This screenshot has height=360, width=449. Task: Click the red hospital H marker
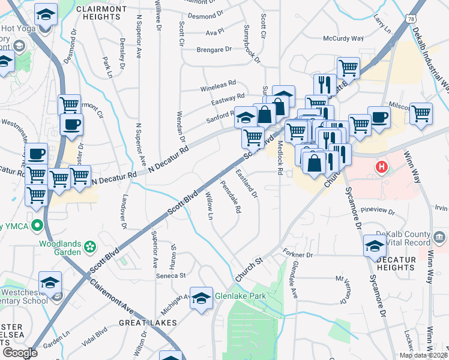(x=381, y=166)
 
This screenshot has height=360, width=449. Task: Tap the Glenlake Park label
(x=240, y=295)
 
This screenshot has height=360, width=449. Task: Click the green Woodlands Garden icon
(x=90, y=246)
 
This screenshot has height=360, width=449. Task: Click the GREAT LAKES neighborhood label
(x=147, y=322)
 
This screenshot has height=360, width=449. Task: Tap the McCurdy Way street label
(x=343, y=38)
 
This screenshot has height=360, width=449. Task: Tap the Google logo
(x=20, y=353)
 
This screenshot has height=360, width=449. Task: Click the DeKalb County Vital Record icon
(x=439, y=238)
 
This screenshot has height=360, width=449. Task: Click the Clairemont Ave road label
(x=112, y=297)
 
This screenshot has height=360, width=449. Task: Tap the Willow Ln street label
(x=210, y=205)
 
